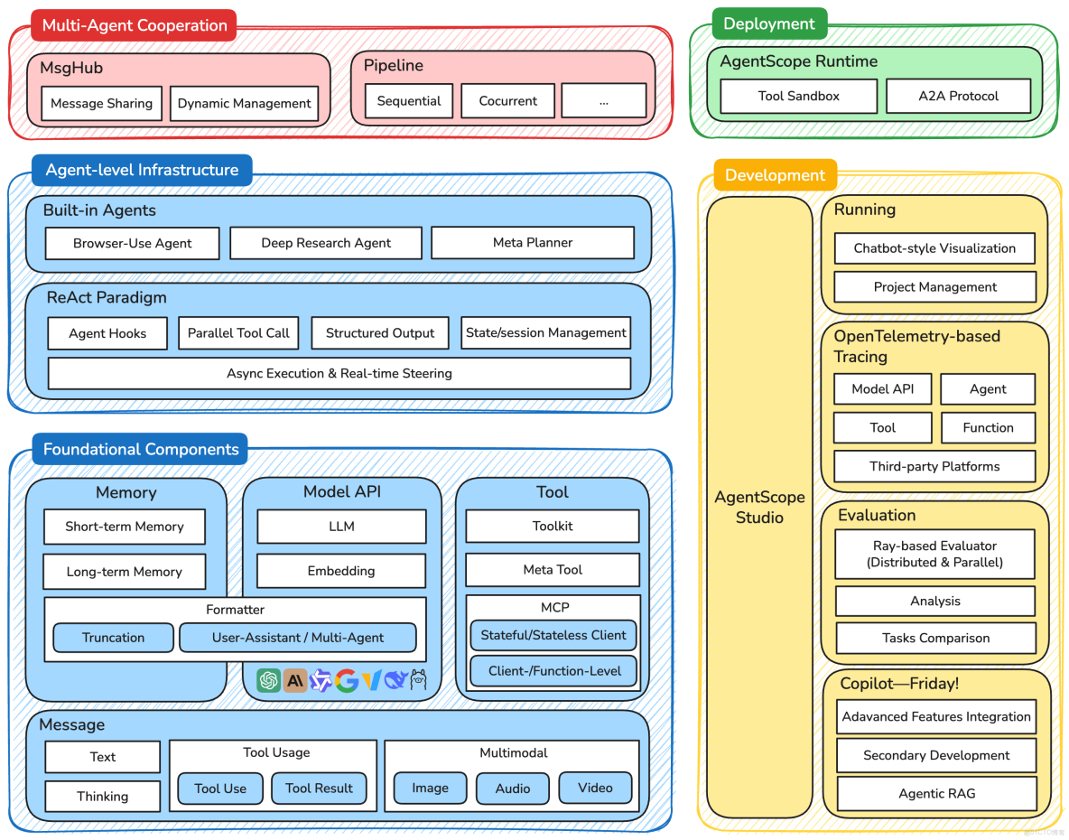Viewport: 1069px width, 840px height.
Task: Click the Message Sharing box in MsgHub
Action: point(102,104)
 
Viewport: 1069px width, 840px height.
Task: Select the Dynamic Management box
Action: point(244,104)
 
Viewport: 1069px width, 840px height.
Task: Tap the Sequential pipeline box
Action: point(408,101)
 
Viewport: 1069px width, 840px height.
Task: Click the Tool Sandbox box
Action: point(798,96)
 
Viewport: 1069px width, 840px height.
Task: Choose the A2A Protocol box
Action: point(958,96)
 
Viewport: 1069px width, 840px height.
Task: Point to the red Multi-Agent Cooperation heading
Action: point(134,25)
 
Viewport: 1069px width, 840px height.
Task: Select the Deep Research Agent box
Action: point(325,243)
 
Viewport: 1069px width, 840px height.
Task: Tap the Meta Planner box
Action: point(532,242)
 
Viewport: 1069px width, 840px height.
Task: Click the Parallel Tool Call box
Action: point(238,332)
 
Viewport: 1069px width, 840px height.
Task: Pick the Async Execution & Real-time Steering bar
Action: point(339,373)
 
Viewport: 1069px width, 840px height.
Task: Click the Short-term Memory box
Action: point(125,527)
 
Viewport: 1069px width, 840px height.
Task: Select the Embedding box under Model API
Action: point(340,571)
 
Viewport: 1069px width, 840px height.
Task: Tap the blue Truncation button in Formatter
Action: point(113,638)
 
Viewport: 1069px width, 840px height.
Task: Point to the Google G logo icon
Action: point(347,680)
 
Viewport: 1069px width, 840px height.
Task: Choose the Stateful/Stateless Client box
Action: point(553,635)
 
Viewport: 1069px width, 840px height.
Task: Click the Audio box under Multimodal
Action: point(512,789)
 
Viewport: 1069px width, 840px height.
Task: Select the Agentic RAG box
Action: point(936,794)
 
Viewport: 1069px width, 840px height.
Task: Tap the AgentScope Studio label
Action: point(759,507)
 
